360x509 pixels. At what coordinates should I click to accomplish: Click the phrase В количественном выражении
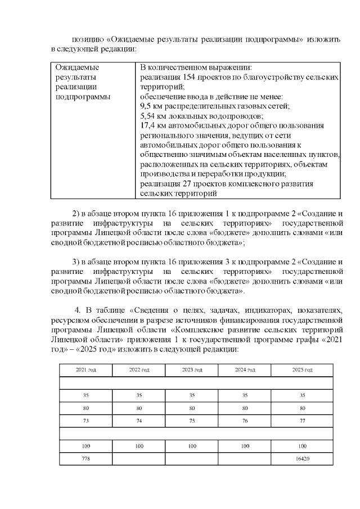click(x=195, y=67)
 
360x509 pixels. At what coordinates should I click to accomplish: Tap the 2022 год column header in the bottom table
click(x=139, y=370)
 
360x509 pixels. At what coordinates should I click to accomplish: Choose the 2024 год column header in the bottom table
click(x=245, y=370)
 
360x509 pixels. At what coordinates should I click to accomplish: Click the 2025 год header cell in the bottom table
click(x=302, y=370)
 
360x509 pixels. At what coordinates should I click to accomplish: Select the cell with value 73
click(x=85, y=420)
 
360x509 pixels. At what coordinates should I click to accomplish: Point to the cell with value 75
click(x=192, y=420)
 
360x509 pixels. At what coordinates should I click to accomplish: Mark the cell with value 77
click(x=302, y=420)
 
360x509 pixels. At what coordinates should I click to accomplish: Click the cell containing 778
click(x=85, y=459)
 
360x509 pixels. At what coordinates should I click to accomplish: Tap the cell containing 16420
click(x=302, y=459)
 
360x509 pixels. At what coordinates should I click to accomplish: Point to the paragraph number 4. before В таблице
click(x=78, y=311)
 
